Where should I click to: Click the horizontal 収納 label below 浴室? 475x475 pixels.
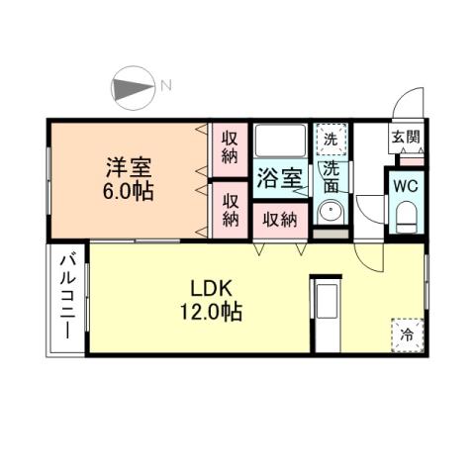tap(279, 220)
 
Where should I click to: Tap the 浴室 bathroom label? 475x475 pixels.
tap(280, 179)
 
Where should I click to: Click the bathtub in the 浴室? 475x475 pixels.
tap(280, 141)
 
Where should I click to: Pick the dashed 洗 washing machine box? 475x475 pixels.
tap(331, 140)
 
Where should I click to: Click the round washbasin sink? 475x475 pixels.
tap(330, 212)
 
